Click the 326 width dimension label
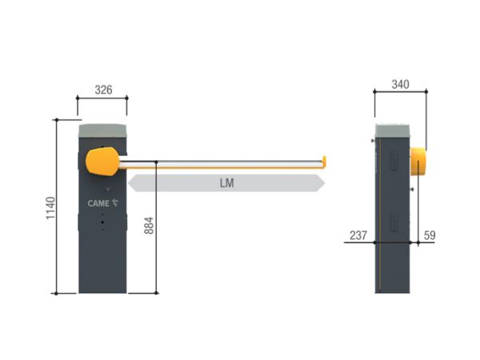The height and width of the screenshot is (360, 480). pyautogui.click(x=103, y=90)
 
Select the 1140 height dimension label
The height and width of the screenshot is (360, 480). pyautogui.click(x=50, y=208)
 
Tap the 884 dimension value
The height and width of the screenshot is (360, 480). pyautogui.click(x=149, y=226)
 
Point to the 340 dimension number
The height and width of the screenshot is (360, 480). pyautogui.click(x=401, y=84)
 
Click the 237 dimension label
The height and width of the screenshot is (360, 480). pyautogui.click(x=358, y=235)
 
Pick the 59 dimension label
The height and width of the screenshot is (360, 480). pyautogui.click(x=430, y=235)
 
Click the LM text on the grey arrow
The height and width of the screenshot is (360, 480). pyautogui.click(x=227, y=183)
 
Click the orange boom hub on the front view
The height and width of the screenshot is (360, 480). pyautogui.click(x=102, y=162)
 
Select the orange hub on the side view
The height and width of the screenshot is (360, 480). pyautogui.click(x=418, y=162)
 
